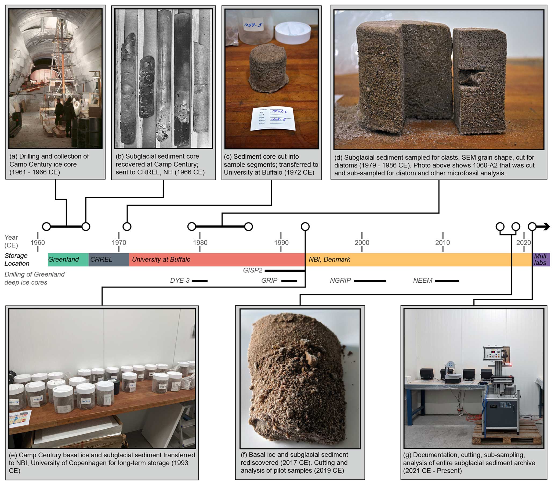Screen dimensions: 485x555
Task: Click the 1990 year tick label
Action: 281,243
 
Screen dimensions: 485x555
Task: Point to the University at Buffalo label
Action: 161,260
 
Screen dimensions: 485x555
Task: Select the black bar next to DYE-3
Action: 199,281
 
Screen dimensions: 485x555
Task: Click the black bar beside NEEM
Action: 447,281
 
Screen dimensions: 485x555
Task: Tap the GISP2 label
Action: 253,270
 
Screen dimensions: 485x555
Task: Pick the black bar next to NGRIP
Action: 370,281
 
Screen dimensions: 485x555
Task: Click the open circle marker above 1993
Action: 305,227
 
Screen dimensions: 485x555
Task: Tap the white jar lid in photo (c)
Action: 293,33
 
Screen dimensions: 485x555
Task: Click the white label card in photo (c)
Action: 273,119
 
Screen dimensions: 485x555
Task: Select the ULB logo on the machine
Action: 505,405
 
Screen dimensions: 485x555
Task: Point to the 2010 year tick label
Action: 443,243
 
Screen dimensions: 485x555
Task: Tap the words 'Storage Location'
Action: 17,260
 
